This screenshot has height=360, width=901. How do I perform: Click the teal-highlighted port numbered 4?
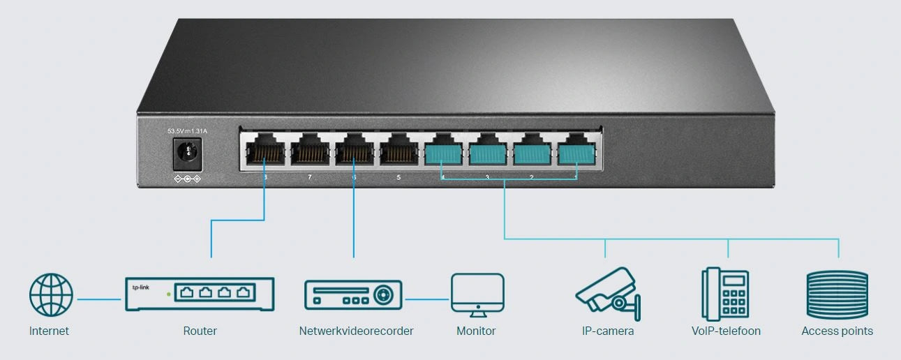click(x=443, y=151)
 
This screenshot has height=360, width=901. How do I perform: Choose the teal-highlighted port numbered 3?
click(x=488, y=151)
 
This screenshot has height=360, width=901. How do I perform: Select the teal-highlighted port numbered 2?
click(x=532, y=151)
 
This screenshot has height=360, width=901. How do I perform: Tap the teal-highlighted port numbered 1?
click(x=576, y=151)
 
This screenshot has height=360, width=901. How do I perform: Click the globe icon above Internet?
click(x=51, y=295)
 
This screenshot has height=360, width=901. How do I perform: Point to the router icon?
click(x=200, y=294)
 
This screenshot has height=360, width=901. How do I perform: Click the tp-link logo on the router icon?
click(x=141, y=287)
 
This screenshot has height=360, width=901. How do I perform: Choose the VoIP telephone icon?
click(x=725, y=294)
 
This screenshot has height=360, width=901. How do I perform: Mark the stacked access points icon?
click(x=837, y=295)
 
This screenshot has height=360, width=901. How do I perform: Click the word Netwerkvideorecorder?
click(x=356, y=331)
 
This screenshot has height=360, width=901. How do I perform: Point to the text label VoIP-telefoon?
click(x=726, y=331)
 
